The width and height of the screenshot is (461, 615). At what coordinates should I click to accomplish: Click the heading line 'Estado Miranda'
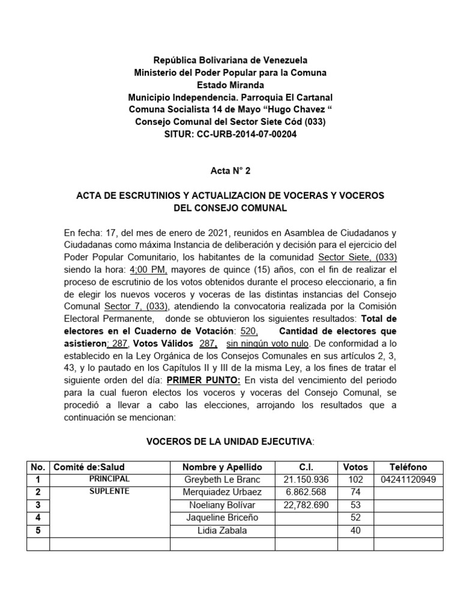tap(230, 85)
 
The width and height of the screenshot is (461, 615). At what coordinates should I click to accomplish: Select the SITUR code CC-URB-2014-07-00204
tap(245, 134)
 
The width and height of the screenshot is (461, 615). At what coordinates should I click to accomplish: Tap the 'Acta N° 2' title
tap(230, 171)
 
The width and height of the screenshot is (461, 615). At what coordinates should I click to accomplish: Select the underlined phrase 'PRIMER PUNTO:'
tap(203, 380)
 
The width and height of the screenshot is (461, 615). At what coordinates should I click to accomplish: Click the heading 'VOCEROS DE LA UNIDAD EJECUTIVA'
tap(229, 442)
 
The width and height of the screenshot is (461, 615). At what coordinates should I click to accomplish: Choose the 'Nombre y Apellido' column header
tap(223, 467)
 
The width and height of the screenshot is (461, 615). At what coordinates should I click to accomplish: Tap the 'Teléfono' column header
tap(408, 467)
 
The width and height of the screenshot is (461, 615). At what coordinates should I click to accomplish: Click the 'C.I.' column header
tap(306, 467)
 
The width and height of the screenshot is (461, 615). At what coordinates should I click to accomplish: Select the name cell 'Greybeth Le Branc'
tap(223, 480)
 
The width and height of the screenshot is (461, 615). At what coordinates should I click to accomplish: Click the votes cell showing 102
tap(355, 480)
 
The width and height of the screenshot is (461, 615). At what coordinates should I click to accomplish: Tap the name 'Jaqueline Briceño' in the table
tap(223, 518)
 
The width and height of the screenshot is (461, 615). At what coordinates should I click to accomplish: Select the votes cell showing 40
tap(355, 530)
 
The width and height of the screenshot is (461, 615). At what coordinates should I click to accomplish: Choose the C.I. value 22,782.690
tap(306, 505)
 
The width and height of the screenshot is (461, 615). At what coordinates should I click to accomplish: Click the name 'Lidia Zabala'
tap(223, 530)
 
